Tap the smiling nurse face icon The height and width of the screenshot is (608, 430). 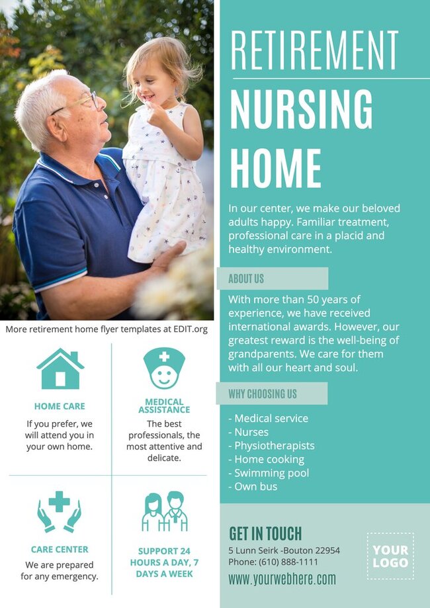coord(164,369)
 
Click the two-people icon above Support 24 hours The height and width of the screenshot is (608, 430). coord(165,511)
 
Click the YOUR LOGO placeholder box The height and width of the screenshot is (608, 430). coord(390,556)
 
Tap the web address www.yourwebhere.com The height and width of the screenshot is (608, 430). coord(282,580)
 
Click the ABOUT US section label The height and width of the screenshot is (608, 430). coord(246,279)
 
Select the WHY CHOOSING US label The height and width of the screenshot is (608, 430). coord(263,394)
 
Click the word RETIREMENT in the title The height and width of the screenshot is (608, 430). coord(315,50)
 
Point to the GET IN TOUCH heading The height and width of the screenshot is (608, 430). coord(265,533)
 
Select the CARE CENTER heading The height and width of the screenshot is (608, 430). coord(60,550)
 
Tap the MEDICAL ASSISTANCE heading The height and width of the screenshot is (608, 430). coord(165,406)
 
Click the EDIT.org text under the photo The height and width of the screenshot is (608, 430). coord(190,329)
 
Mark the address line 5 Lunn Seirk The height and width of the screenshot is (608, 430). coord(284,550)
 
